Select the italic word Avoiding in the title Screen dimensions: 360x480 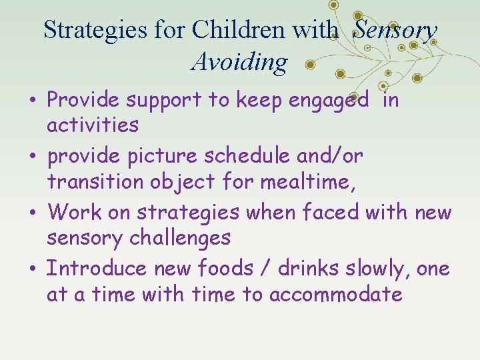[239, 63]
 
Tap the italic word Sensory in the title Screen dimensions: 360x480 [395, 30]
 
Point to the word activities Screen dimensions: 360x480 [93, 125]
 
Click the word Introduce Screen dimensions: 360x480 [97, 269]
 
